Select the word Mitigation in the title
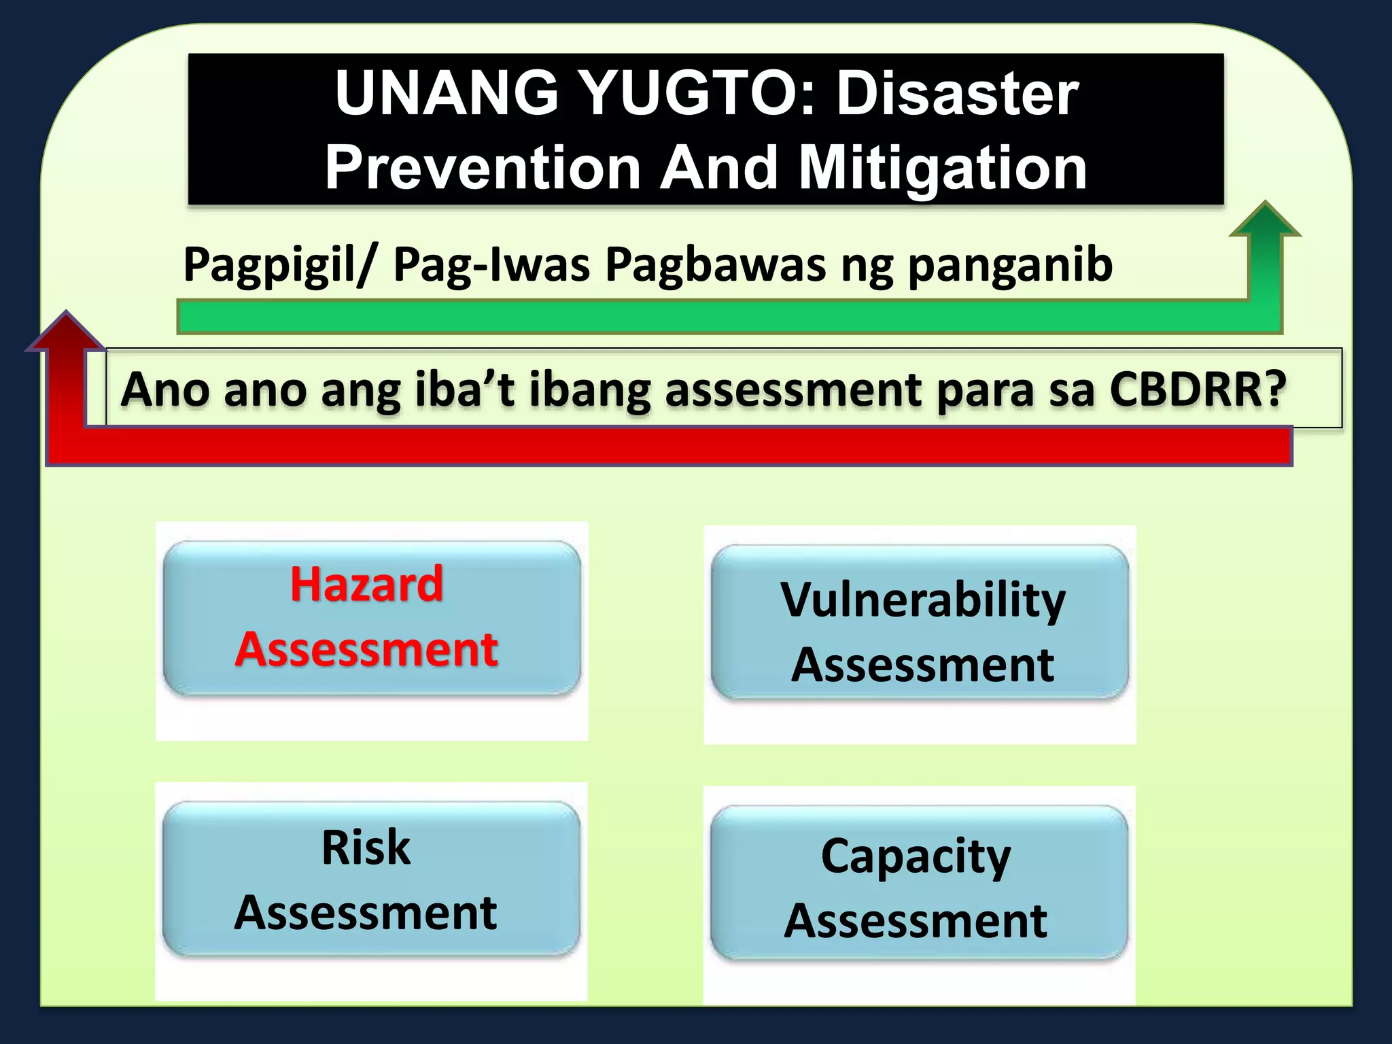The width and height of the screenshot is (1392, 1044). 943,169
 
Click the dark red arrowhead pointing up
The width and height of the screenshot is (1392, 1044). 66,332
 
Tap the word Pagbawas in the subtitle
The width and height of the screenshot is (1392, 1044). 715,264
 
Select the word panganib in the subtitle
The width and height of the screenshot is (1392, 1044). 1010,266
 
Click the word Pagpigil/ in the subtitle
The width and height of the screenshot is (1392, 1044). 279,266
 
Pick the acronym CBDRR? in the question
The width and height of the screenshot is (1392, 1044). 1198,389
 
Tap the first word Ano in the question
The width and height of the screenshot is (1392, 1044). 165,389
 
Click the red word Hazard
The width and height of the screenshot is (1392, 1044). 366,584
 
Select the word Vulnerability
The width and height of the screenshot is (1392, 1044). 922,601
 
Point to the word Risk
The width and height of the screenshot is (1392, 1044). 366,848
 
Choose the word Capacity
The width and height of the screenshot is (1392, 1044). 916,857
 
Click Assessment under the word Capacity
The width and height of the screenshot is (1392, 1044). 916,921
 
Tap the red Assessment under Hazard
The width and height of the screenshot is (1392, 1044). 366,649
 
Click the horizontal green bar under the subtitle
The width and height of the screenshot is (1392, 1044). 680,317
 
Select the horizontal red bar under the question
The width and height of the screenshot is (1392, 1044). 680,447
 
